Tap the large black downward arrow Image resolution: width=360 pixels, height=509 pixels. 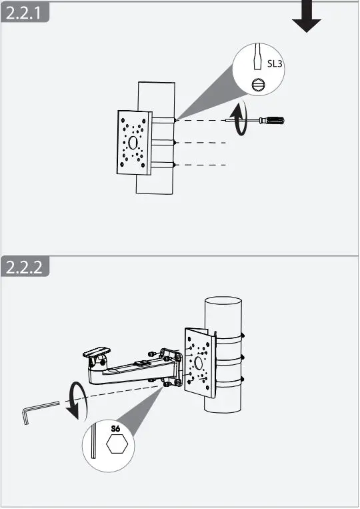306,16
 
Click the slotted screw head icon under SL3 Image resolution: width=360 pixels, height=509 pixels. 258,85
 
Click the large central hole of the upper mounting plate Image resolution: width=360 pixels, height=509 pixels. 134,143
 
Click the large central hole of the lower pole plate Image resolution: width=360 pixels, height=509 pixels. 199,364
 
